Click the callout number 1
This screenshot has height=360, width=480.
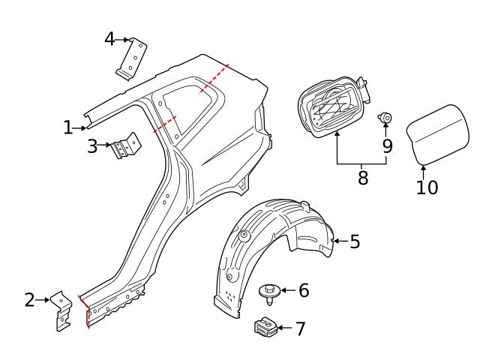coord(68,128)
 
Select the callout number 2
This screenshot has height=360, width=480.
coord(30,301)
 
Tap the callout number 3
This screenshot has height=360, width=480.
coord(92,145)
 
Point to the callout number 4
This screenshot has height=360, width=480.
coord(109,38)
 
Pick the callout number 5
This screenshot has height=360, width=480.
coord(355,241)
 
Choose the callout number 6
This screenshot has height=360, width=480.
coord(303,290)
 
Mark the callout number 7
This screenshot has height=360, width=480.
coord(300,328)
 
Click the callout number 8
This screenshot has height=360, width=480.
coord(363,179)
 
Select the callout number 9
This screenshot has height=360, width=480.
coord(387,145)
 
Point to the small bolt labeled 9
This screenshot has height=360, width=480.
coord(386,117)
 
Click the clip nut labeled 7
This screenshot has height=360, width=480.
coord(263,328)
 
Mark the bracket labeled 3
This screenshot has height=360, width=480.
coord(125,146)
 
